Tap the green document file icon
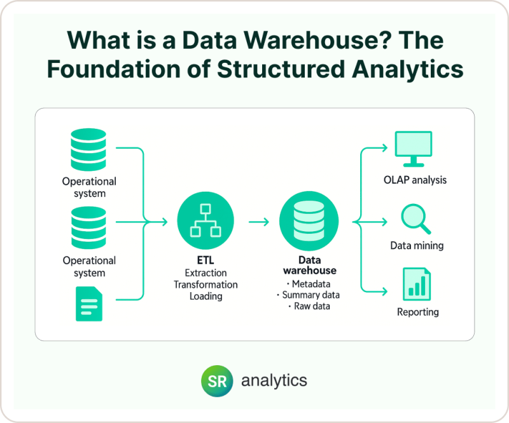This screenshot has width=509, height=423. click(89, 303)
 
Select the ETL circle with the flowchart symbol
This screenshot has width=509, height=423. click(206, 222)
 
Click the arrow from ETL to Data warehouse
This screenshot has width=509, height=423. click(258, 222)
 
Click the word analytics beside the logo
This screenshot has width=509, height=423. click(274, 380)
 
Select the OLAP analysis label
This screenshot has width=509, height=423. click(415, 180)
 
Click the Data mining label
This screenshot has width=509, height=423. click(417, 245)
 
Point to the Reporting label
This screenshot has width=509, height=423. click(417, 312)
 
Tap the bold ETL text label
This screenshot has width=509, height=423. click(206, 260)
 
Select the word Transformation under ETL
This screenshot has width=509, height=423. click(206, 285)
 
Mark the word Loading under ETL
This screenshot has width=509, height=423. click(206, 296)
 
